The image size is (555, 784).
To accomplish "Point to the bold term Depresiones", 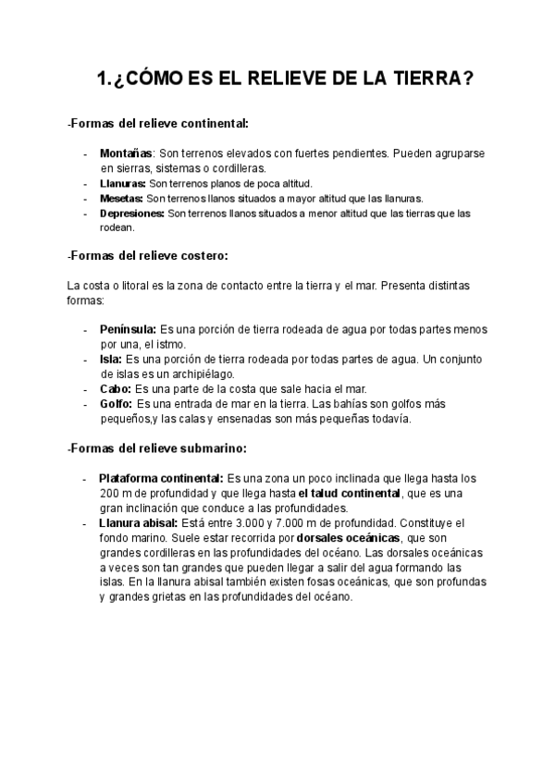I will pos(131,214).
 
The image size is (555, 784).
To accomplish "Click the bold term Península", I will pos(128,329).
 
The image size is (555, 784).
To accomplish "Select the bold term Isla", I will pos(110,359).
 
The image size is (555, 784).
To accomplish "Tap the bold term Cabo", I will pos(115,389).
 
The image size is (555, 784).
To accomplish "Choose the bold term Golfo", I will pos(116,404).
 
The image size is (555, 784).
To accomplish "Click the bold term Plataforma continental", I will pos(161,478).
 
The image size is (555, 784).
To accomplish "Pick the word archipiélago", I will pos(196,374).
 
